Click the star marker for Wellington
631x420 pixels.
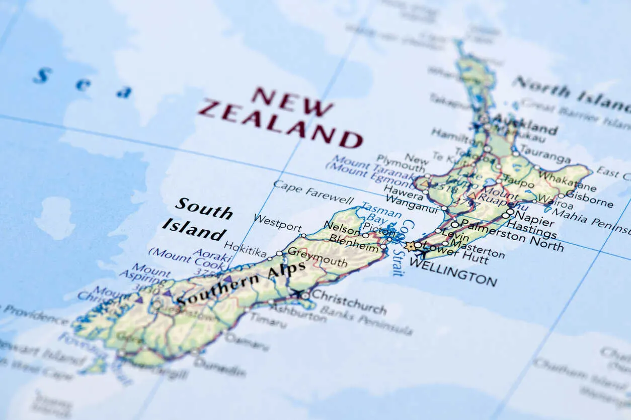(410, 246)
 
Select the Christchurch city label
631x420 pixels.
(348, 301)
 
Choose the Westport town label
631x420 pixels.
(277, 222)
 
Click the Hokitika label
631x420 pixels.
(245, 249)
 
